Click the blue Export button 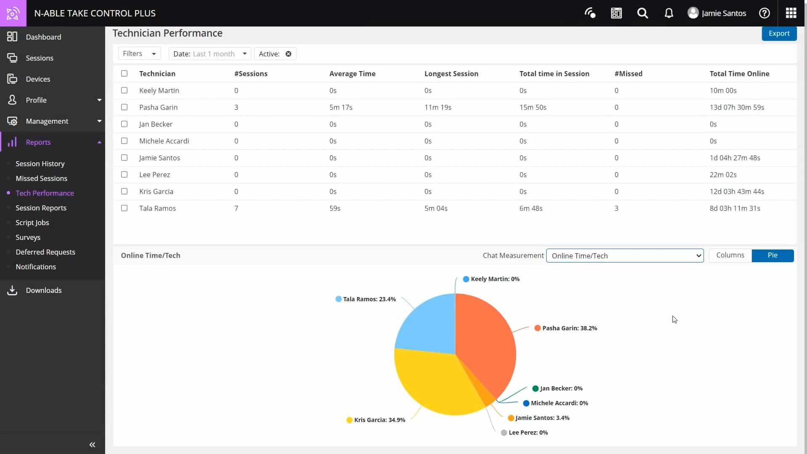click(779, 34)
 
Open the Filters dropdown click(139, 54)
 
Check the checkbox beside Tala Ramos click(124, 208)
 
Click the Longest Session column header click(451, 74)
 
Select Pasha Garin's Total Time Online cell click(736, 107)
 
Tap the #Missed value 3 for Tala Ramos click(616, 208)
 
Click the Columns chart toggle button click(730, 255)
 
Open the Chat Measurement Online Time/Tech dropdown click(624, 256)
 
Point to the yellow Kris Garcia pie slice click(433, 383)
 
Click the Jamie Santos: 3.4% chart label click(542, 418)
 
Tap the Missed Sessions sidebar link click(41, 178)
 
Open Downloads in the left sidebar click(43, 290)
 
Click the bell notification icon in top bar click(669, 13)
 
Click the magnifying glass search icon click(642, 13)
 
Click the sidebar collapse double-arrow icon click(92, 445)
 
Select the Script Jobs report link click(32, 223)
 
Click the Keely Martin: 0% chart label click(495, 279)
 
